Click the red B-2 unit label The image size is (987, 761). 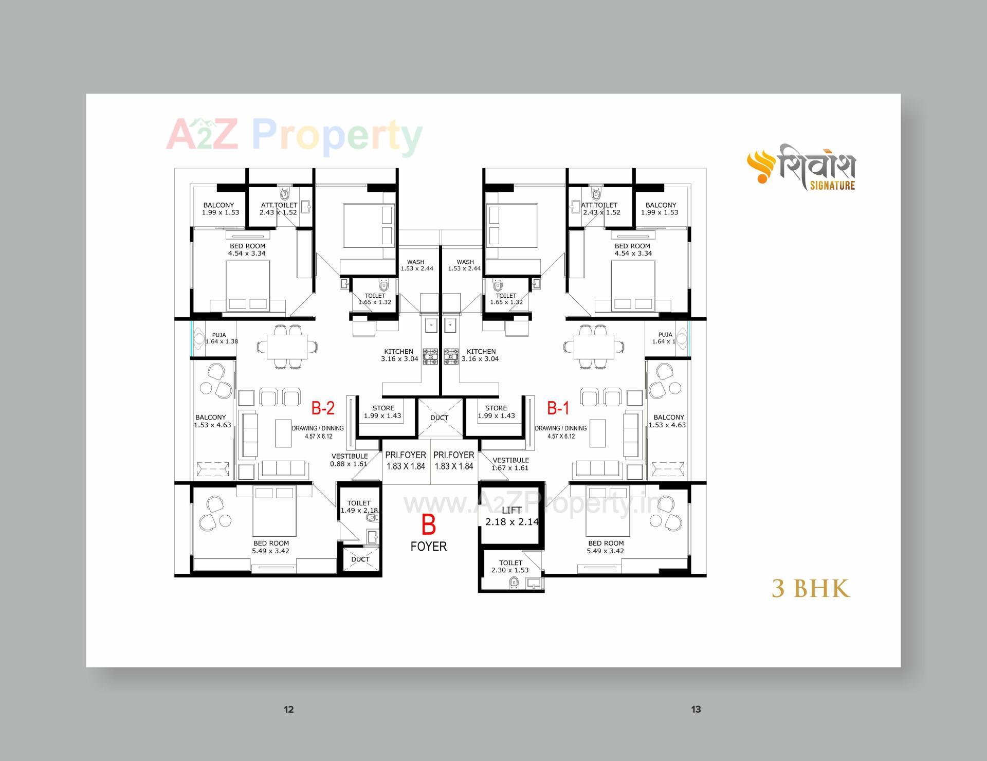[323, 408]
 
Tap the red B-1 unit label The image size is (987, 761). [558, 408]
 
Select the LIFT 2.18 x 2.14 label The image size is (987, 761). [511, 516]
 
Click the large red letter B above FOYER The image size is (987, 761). [428, 525]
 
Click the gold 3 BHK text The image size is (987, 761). [811, 589]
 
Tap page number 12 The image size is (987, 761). [288, 710]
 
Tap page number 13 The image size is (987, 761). [696, 710]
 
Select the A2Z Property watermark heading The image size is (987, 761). [294, 135]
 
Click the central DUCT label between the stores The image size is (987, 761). [439, 418]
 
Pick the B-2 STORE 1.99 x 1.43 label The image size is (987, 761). [383, 412]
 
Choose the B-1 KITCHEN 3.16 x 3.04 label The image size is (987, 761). [481, 355]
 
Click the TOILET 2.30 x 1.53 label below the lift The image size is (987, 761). [510, 566]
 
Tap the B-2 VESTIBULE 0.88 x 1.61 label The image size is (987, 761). [349, 460]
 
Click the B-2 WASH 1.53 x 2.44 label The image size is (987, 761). [416, 265]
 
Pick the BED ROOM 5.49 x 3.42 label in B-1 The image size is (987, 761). [606, 547]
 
